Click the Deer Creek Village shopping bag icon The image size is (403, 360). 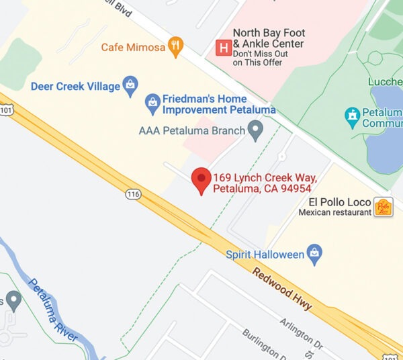(x=130, y=85)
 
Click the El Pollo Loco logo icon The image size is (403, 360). (x=383, y=207)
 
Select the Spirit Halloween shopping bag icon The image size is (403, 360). (x=314, y=254)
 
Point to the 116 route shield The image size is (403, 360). (x=132, y=194)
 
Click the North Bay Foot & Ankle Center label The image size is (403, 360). (x=268, y=38)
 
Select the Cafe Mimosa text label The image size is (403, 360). (x=132, y=47)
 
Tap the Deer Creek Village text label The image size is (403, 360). (x=75, y=86)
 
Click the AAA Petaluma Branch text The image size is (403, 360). (x=191, y=130)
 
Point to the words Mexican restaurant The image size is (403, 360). (x=334, y=212)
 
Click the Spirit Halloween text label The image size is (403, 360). (x=265, y=255)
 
